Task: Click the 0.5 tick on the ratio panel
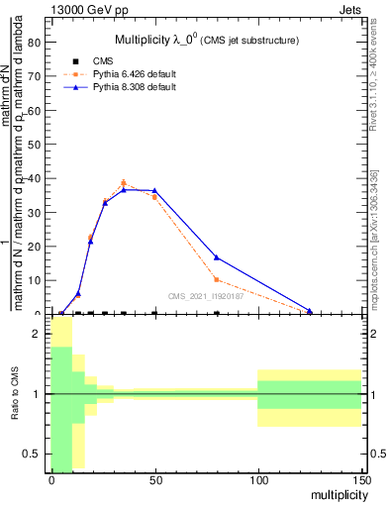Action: [33, 454]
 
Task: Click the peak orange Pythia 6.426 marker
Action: [123, 183]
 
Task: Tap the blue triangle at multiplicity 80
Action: [217, 257]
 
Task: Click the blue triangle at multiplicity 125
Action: [310, 311]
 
